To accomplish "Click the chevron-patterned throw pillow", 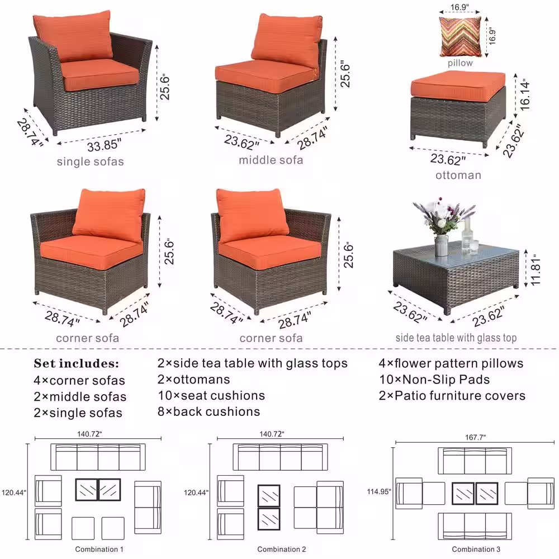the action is tap(460, 37).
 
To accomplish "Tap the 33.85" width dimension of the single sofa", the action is tap(104, 145).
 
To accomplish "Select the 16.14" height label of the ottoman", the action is tap(525, 96).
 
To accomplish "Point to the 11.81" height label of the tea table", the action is tap(536, 269).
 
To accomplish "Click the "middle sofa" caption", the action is tap(271, 160).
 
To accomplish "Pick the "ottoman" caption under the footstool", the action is tap(458, 175).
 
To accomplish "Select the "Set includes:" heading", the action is tap(76, 363).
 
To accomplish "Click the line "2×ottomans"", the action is tap(193, 380).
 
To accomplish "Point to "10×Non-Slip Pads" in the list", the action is tap(434, 380).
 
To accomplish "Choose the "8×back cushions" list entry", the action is tap(209, 411).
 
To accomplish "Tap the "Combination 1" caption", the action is tap(99, 549).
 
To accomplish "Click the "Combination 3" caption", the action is tap(476, 549).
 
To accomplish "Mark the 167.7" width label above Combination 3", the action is tap(475, 437).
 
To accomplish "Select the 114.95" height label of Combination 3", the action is tap(379, 491).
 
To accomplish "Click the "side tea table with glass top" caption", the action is tap(456, 338).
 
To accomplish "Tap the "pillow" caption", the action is tap(460, 63).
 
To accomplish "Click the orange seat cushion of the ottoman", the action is tap(458, 86).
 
